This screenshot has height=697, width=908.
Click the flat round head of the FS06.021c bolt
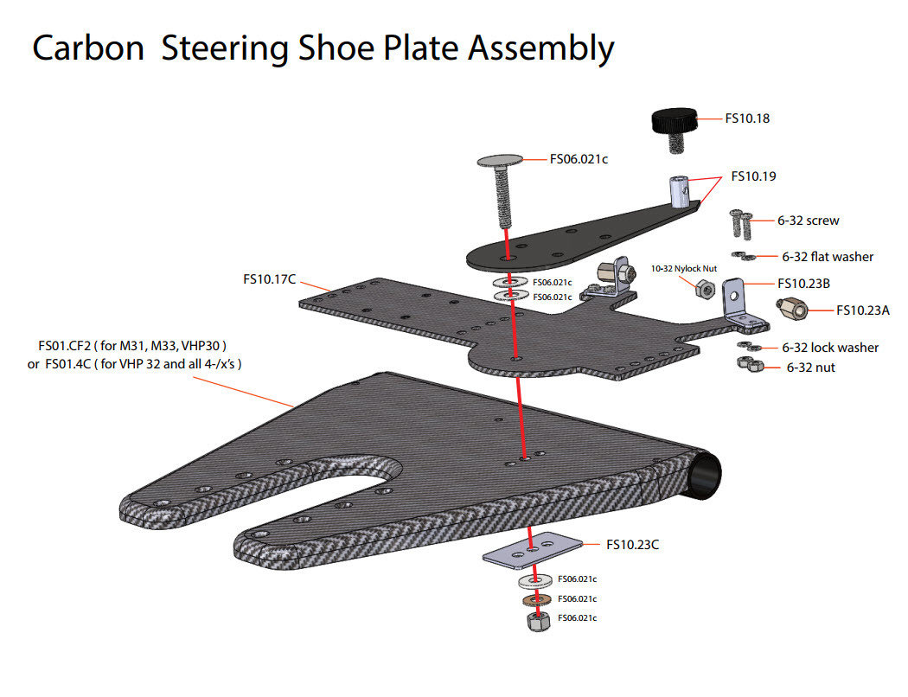(501, 160)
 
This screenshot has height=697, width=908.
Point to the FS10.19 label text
(753, 176)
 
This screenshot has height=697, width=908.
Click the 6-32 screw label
(808, 221)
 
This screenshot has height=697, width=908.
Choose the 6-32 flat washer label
(827, 257)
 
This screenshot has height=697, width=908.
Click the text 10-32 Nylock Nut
(684, 269)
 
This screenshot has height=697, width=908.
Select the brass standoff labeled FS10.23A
(792, 309)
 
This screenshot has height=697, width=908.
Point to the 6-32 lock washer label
(829, 348)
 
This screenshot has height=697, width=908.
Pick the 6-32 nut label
(810, 368)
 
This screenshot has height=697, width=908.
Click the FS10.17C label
(270, 279)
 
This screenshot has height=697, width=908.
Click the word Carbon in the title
(87, 48)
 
